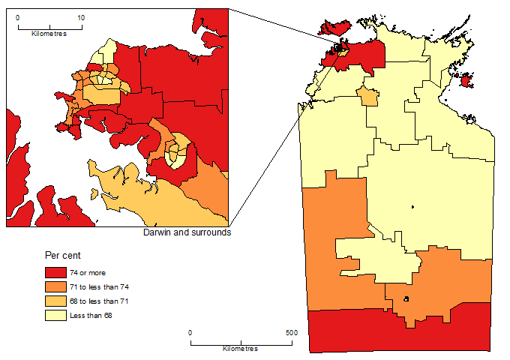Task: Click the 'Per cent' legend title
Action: click(62, 256)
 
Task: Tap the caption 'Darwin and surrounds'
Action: click(186, 232)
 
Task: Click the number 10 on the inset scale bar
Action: click(81, 16)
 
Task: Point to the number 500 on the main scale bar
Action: click(292, 332)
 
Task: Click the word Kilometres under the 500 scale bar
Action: click(241, 349)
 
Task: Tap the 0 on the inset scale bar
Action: click(18, 16)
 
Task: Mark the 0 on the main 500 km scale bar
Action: click(190, 332)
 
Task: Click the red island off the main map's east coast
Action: click(466, 80)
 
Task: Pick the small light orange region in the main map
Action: click(367, 96)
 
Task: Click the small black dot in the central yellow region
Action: click(412, 207)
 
